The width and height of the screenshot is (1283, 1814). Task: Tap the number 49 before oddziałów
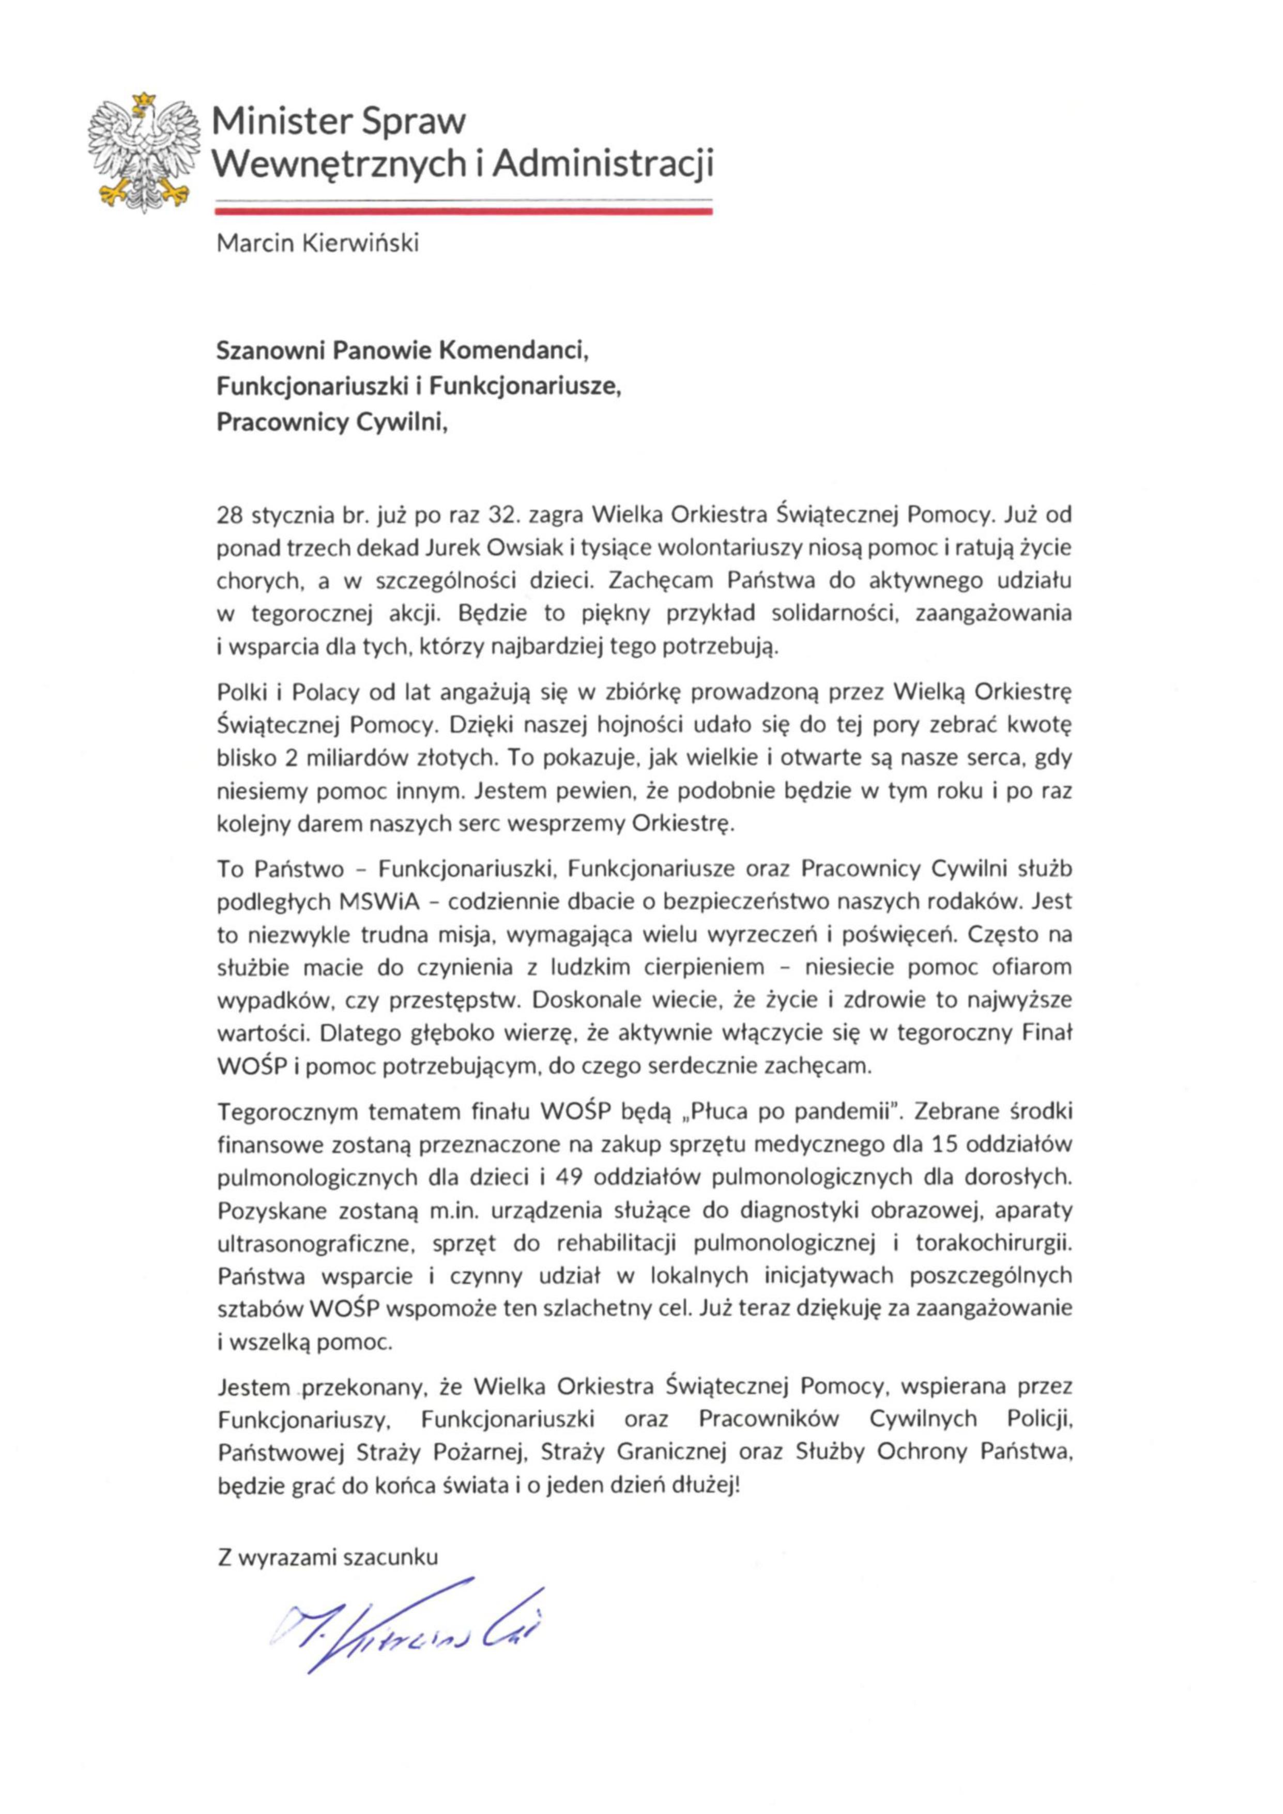pyautogui.click(x=569, y=1177)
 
